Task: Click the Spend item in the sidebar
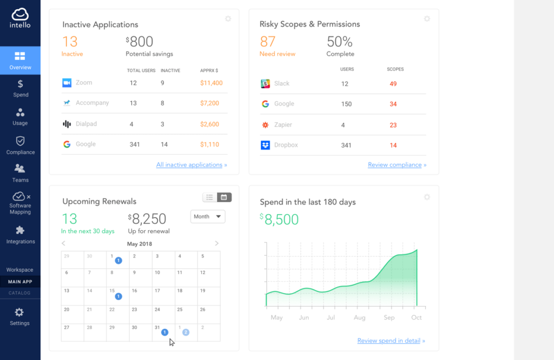pyautogui.click(x=20, y=88)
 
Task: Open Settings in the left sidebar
pyautogui.click(x=19, y=316)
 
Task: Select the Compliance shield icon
pyautogui.click(x=20, y=141)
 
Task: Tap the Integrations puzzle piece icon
pyautogui.click(x=20, y=230)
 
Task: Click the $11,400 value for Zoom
pyautogui.click(x=211, y=83)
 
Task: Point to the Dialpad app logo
pyautogui.click(x=67, y=124)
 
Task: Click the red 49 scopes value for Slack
pyautogui.click(x=393, y=84)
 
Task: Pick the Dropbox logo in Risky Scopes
pyautogui.click(x=265, y=145)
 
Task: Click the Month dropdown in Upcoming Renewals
pyautogui.click(x=208, y=217)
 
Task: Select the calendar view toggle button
pyautogui.click(x=224, y=197)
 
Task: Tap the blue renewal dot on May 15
pyautogui.click(x=118, y=296)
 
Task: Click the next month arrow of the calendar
pyautogui.click(x=217, y=244)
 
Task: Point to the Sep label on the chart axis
pyautogui.click(x=389, y=318)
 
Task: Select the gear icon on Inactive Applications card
pyautogui.click(x=228, y=19)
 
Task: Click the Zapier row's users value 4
pyautogui.click(x=343, y=125)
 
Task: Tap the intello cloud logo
pyautogui.click(x=20, y=15)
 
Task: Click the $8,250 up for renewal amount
pyautogui.click(x=149, y=219)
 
